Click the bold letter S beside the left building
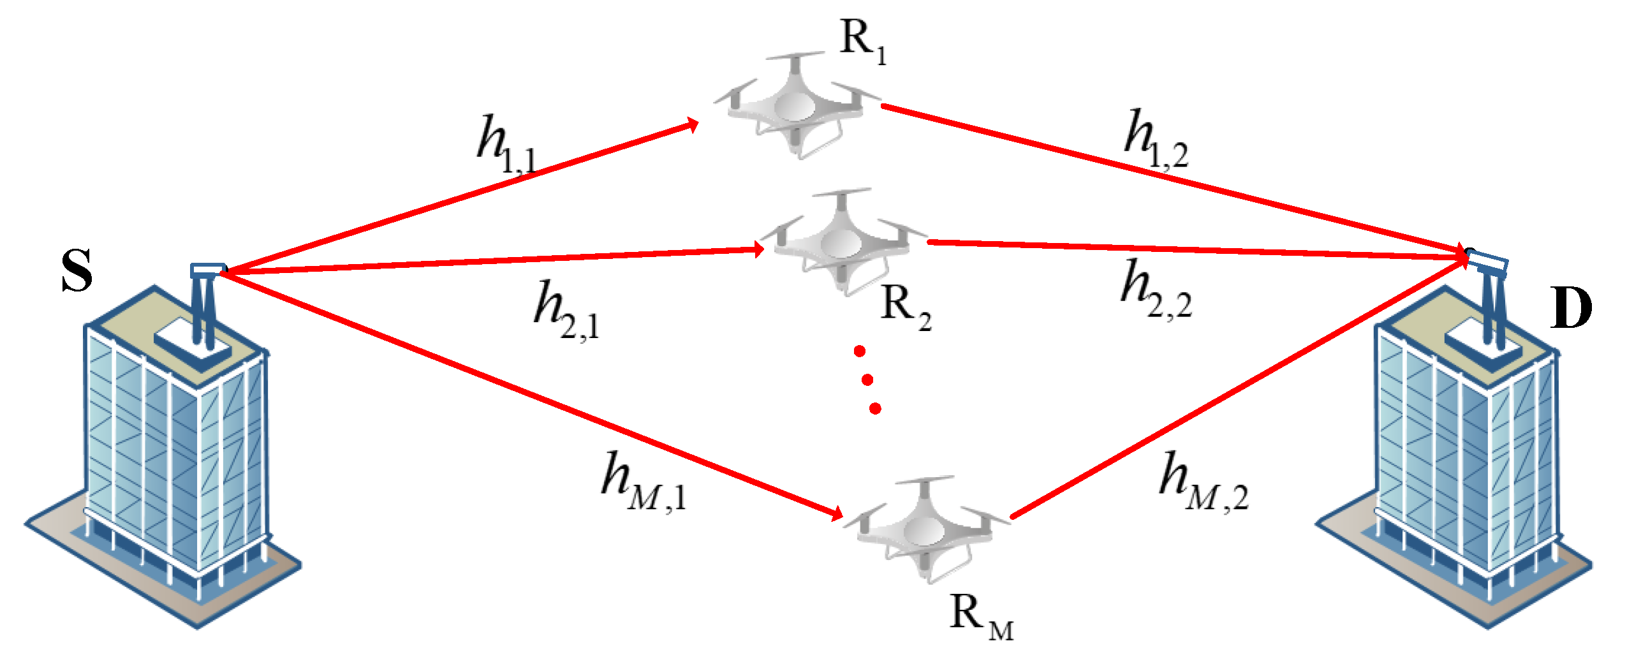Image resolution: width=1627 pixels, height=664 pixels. coord(77,270)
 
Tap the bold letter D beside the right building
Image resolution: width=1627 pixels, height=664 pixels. coord(1571,308)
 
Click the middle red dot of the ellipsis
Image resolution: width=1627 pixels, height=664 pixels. coord(867,380)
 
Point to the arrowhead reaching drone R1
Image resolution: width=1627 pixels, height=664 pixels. coord(692,124)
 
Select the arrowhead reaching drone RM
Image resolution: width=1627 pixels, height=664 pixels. coord(836,513)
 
